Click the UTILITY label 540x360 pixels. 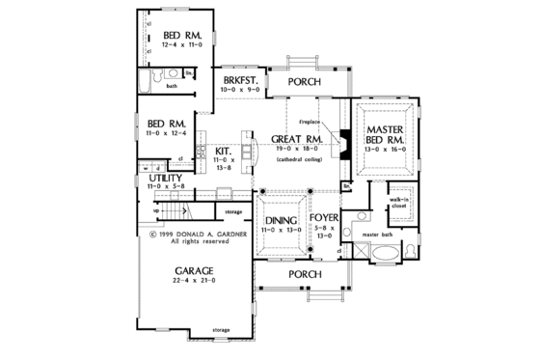coord(167,180)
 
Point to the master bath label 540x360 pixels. coord(378,234)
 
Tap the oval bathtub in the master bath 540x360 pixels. coord(388,256)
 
